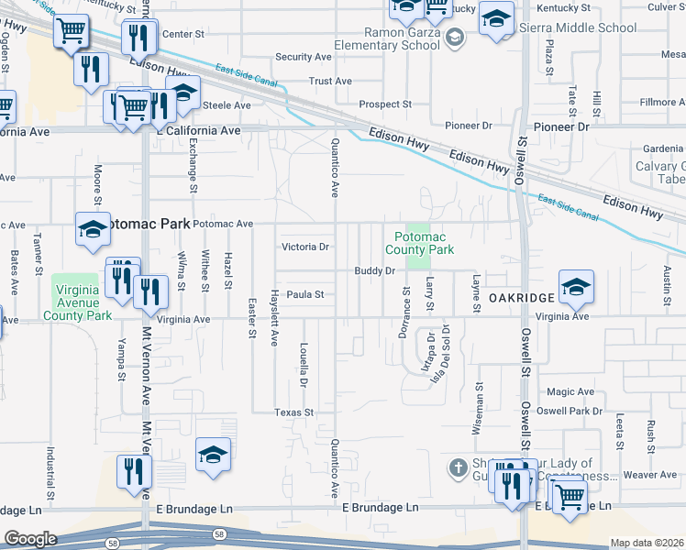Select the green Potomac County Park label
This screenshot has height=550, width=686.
(419, 243)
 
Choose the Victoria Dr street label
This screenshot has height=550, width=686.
(305, 247)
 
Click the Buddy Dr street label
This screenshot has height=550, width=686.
(375, 271)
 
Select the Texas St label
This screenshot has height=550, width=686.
(294, 413)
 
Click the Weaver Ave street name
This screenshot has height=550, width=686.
(648, 475)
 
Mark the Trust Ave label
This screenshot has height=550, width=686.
(330, 82)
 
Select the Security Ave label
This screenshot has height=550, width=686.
(303, 57)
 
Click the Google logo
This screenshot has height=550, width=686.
(30, 539)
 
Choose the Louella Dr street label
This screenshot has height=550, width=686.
(304, 364)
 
